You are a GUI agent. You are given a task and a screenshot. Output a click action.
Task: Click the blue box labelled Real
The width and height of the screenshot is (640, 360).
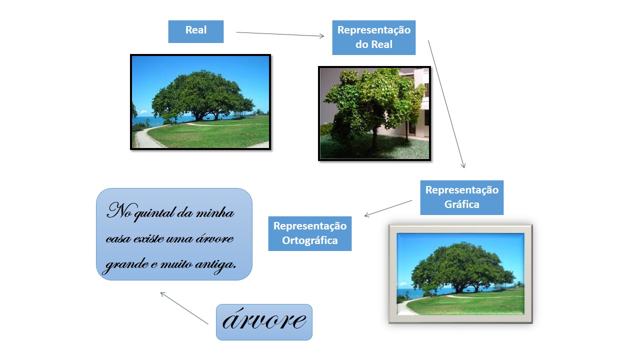click(x=195, y=31)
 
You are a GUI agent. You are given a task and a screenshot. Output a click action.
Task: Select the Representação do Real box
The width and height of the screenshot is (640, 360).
click(x=373, y=37)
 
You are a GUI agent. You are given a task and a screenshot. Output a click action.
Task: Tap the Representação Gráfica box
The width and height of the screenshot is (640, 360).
click(x=461, y=197)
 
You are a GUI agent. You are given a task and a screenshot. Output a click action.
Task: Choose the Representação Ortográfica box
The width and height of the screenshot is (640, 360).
click(x=309, y=233)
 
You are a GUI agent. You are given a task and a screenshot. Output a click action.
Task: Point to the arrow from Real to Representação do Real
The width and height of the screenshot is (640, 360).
click(x=280, y=34)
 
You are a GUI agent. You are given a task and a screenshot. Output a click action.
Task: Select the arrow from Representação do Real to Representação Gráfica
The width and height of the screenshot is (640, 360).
click(x=446, y=104)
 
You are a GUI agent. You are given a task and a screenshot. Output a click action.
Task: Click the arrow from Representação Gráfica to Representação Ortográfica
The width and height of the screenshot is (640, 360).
click(x=388, y=208)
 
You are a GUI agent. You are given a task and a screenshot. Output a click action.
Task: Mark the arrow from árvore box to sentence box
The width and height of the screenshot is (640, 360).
click(x=184, y=308)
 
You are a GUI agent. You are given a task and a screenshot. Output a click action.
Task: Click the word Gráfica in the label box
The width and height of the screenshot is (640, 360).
click(x=461, y=204)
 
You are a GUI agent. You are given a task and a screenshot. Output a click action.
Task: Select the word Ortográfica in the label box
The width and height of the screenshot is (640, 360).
click(x=309, y=240)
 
